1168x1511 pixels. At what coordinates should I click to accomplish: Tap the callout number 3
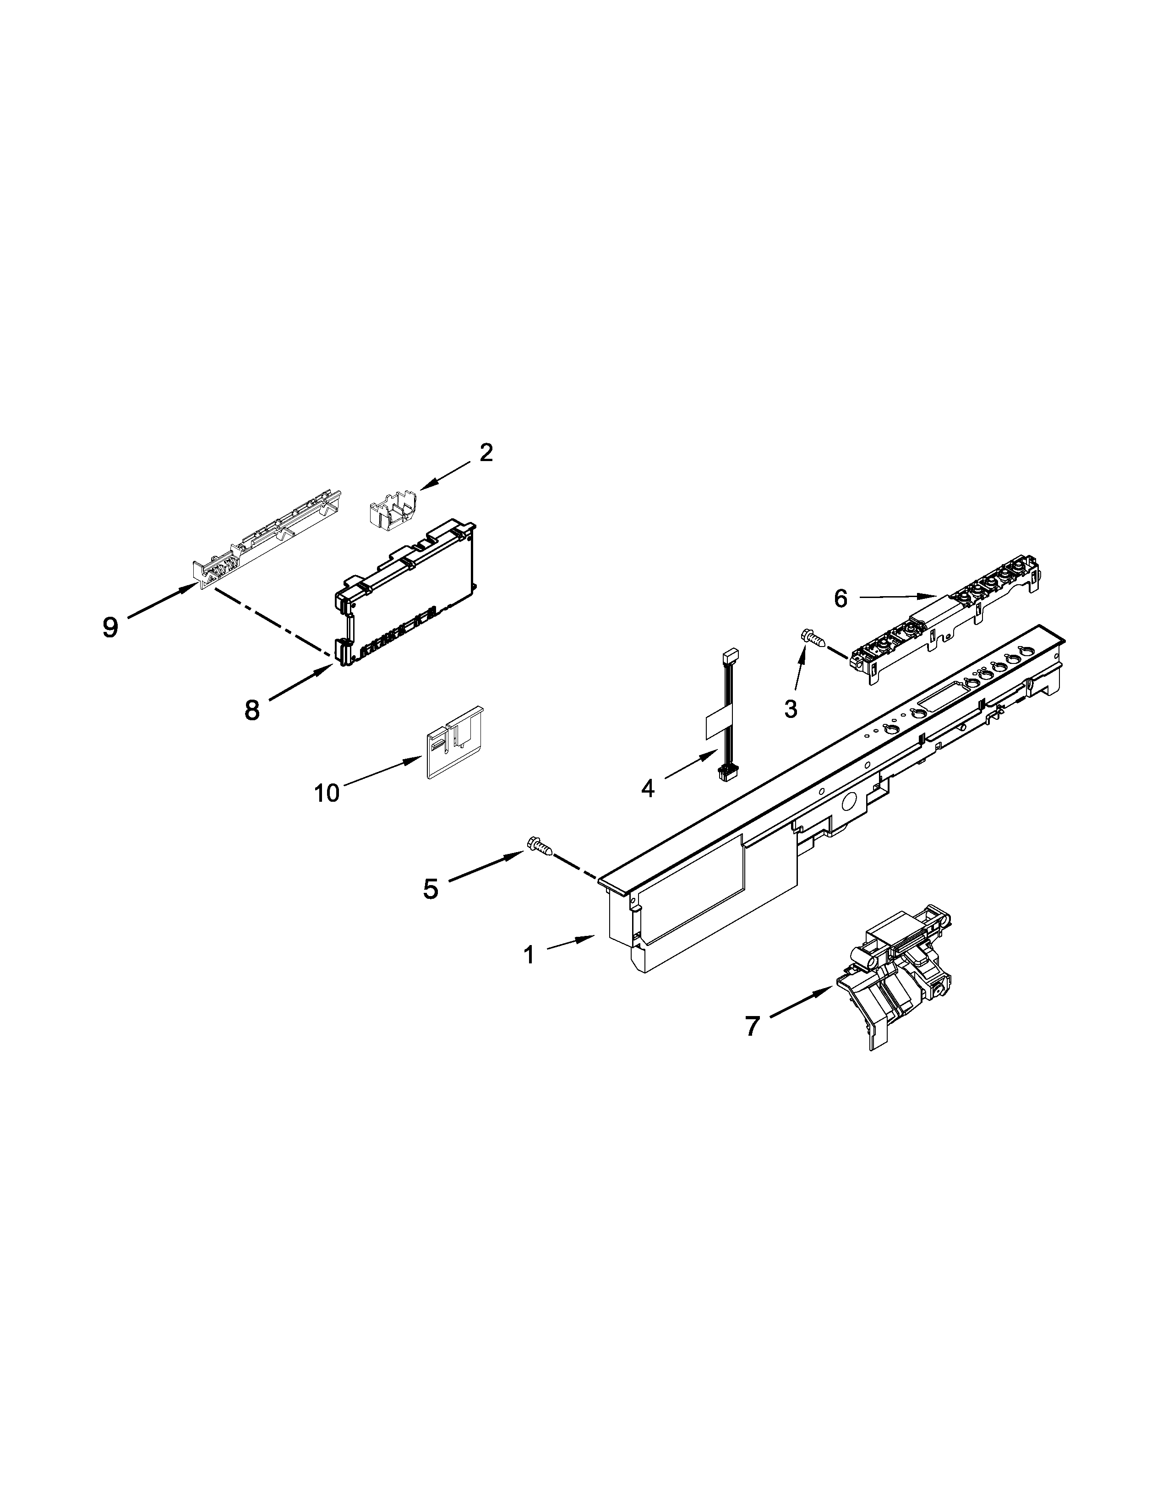pos(790,708)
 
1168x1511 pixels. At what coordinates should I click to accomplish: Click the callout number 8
pos(252,710)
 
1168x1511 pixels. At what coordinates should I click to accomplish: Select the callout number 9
pos(110,627)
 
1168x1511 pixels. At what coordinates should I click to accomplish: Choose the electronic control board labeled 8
pos(405,592)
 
